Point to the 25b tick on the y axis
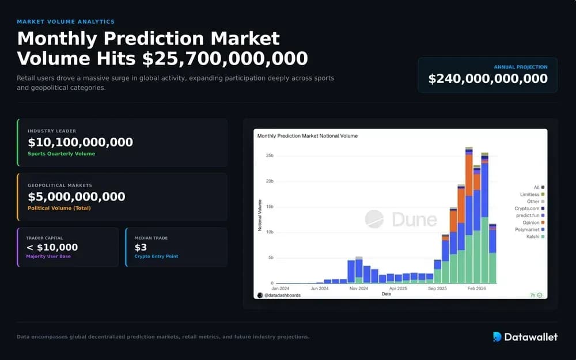click(x=269, y=156)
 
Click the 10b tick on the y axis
click(x=269, y=232)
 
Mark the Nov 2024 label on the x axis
click(x=358, y=287)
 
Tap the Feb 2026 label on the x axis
click(x=476, y=287)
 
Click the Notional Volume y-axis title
click(x=260, y=216)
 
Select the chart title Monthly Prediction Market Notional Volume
click(x=307, y=136)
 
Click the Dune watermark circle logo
click(x=374, y=219)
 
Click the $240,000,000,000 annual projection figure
click(x=488, y=79)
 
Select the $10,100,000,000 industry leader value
click(x=80, y=142)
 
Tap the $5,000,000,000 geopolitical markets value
click(x=76, y=197)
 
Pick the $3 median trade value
click(x=141, y=248)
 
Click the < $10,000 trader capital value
click(x=52, y=248)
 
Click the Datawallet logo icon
click(x=497, y=337)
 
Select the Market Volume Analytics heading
click(x=66, y=22)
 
